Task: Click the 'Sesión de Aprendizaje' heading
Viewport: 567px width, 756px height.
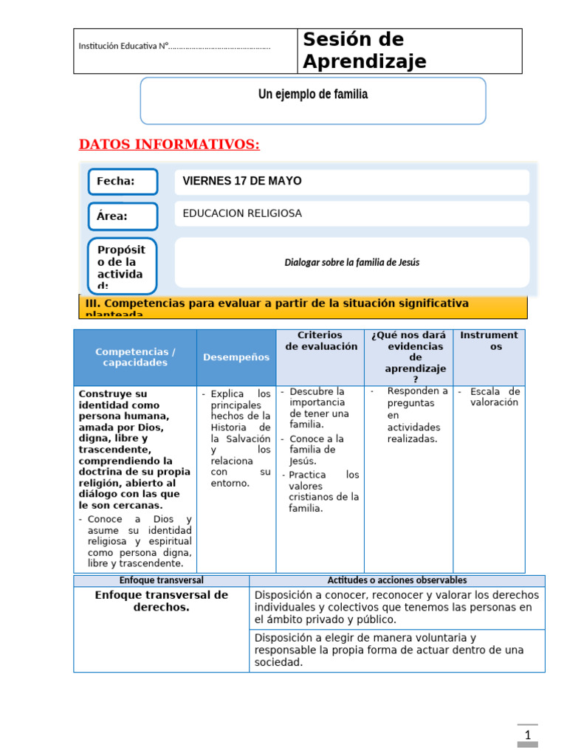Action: (x=365, y=50)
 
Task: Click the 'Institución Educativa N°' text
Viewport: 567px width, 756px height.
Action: (x=174, y=47)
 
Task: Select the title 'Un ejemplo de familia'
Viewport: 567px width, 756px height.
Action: (x=312, y=94)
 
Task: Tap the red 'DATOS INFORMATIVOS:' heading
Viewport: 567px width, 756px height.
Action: (x=169, y=144)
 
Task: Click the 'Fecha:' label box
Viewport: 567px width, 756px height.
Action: (x=123, y=182)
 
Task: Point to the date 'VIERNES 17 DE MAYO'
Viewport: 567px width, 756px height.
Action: (x=242, y=182)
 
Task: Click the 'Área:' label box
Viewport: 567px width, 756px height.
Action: (x=123, y=216)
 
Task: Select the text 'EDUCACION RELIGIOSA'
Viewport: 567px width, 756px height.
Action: (x=242, y=213)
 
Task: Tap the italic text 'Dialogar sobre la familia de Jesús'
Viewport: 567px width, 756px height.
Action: (x=351, y=262)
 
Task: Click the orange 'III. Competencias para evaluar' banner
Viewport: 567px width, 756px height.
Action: (x=303, y=306)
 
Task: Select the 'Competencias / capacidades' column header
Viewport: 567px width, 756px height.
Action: (x=135, y=357)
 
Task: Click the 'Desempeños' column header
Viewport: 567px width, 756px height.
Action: (x=236, y=357)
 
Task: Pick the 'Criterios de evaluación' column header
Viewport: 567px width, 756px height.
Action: (x=320, y=341)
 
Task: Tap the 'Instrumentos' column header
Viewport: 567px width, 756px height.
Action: (x=489, y=341)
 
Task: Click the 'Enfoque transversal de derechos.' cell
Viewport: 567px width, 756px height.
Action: (x=161, y=601)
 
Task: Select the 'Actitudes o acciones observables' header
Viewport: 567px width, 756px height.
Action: (x=396, y=581)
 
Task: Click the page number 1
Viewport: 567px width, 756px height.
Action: (x=528, y=735)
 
